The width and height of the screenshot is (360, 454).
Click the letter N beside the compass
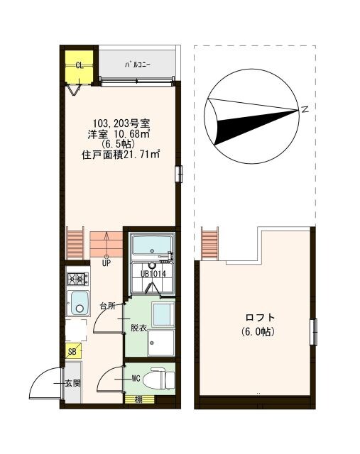tap(304, 109)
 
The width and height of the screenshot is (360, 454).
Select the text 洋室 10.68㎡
tap(119, 133)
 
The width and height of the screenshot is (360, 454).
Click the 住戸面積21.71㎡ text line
tap(119, 153)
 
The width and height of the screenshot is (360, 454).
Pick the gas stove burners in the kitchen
tap(75, 279)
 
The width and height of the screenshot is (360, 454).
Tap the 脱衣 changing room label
tap(138, 328)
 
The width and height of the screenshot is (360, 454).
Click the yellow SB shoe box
tap(72, 351)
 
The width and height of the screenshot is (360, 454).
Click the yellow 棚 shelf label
tap(138, 399)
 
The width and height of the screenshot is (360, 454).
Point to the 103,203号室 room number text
tap(119, 122)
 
